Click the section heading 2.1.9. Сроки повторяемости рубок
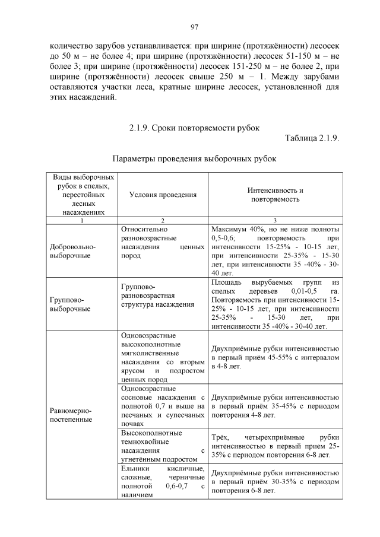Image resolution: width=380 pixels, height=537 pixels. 194,128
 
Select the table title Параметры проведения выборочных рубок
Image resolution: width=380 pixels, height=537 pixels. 194,159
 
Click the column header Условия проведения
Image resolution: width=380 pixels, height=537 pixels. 163,195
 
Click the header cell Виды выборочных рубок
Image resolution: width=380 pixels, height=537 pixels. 83,194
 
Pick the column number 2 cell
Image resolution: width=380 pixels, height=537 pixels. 163,221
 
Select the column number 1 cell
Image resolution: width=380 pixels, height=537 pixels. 83,221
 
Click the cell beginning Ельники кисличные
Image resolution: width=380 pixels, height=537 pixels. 163,481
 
